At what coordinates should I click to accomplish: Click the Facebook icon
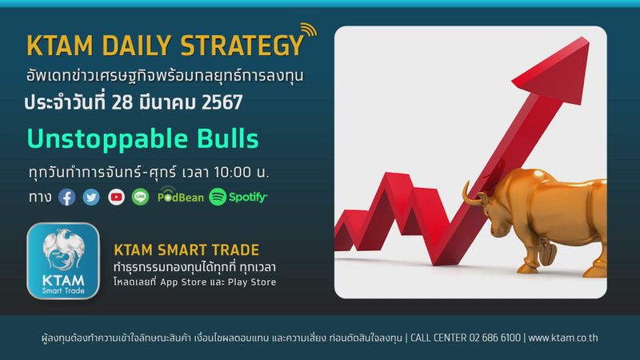pos(67,196)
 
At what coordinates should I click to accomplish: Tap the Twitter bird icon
pos(91,196)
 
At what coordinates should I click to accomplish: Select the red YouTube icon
pos(116,196)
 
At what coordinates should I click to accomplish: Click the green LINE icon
pos(140,196)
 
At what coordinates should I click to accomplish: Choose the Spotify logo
pos(238,196)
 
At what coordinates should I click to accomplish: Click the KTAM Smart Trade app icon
pos(62,261)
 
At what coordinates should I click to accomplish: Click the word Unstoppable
pos(103,138)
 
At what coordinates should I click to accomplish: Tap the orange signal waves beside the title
pos(310,34)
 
